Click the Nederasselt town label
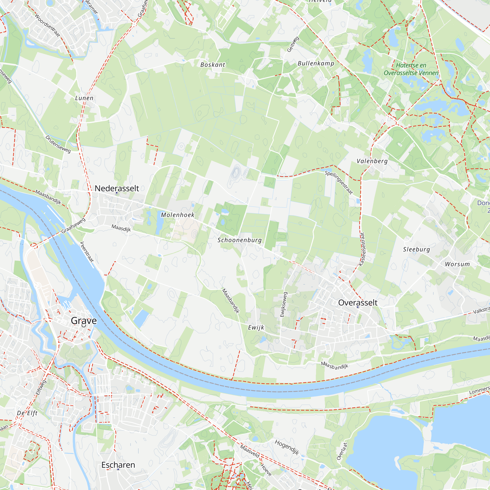coord(117,188)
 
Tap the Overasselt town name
coord(358,303)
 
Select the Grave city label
coord(84,320)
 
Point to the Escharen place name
coord(118,465)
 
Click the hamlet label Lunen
coord(84,98)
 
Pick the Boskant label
coord(212,65)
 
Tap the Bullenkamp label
coord(316,63)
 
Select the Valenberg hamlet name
coord(372,161)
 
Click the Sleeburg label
coord(416,249)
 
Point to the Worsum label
coord(457,264)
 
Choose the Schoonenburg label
coord(239,240)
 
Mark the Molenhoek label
coord(178,215)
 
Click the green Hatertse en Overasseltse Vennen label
coord(411,69)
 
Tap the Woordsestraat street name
coord(48,25)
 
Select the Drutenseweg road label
coord(58,144)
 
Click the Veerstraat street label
coord(87,252)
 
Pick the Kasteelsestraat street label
coord(362,249)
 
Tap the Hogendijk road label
coord(287,447)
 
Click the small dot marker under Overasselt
coord(358,307)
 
